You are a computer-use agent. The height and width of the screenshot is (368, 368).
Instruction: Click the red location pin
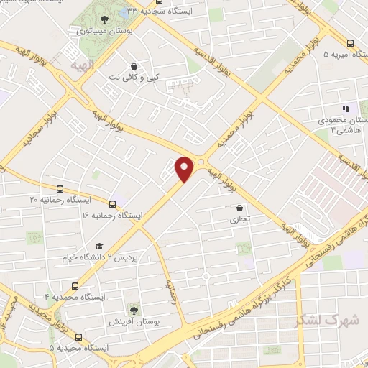pyautogui.click(x=185, y=169)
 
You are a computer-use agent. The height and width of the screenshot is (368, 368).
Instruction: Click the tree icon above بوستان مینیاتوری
pyautogui.click(x=105, y=19)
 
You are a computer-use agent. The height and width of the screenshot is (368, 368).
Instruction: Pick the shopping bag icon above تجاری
pyautogui.click(x=239, y=208)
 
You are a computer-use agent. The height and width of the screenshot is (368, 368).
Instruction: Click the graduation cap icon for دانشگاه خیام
pyautogui.click(x=98, y=246)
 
